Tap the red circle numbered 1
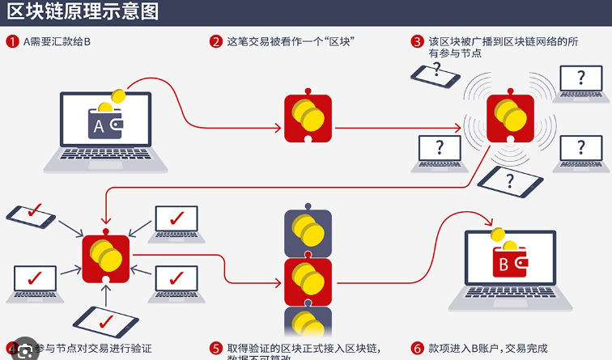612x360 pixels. coord(12,40)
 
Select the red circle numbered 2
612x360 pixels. coord(216,40)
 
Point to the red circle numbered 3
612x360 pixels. coord(418,40)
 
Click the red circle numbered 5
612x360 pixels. coord(216,349)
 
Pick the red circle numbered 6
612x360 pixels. coord(418,349)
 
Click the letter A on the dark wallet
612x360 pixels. coord(98,126)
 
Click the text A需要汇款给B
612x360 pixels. coord(56,40)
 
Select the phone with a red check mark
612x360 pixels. coord(31,217)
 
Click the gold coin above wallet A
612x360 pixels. coord(117,100)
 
